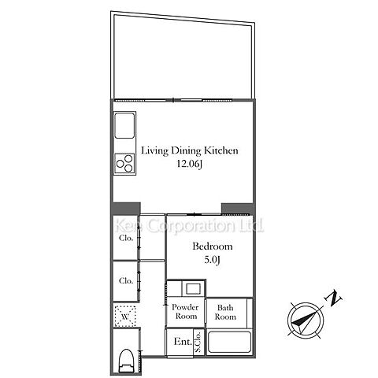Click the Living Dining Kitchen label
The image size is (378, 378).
[x=190, y=150]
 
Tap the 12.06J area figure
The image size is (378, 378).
[x=190, y=164]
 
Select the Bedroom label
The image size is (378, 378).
[x=213, y=246]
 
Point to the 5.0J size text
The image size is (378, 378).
[x=212, y=260]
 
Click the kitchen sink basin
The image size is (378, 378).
[x=124, y=125]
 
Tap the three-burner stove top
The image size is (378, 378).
[x=124, y=163]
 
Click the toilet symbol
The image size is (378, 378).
[x=126, y=361]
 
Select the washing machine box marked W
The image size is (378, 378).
[x=125, y=317]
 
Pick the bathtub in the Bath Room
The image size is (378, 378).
[x=229, y=342]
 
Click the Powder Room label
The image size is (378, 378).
[x=185, y=312]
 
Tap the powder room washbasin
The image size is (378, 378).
[x=194, y=289]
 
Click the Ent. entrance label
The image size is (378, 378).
[x=183, y=342]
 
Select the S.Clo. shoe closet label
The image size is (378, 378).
[x=198, y=342]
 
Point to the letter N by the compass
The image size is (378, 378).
[x=333, y=298]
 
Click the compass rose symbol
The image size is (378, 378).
[x=306, y=321]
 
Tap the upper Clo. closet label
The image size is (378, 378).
[x=126, y=238]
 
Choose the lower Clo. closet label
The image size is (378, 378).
[x=126, y=280]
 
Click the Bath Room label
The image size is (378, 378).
[x=225, y=312]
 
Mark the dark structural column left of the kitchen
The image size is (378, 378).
[x=127, y=209]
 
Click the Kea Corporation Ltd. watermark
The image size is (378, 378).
[x=189, y=226]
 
